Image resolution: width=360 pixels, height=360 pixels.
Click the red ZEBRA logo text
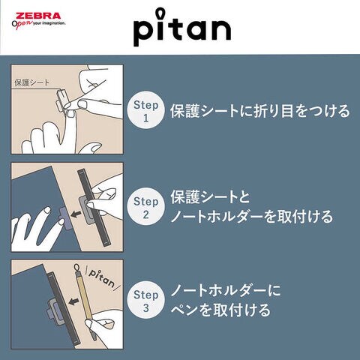click(38, 16)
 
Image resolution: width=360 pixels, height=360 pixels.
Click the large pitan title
click(182, 27)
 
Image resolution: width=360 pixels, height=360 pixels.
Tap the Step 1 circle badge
click(146, 110)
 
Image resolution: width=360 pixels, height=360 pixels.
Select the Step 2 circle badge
click(146, 206)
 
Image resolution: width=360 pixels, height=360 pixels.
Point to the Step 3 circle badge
click(146, 300)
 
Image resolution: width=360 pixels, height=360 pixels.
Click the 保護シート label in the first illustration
click(31, 82)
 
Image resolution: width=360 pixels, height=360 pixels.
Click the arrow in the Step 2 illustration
click(76, 214)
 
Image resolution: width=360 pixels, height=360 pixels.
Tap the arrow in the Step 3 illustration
click(73, 301)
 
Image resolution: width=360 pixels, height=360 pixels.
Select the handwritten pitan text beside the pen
click(101, 278)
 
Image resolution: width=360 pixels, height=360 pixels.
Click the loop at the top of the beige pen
click(76, 268)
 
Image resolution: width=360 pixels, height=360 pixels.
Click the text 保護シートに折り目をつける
click(260, 110)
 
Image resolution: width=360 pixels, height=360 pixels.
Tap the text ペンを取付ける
click(220, 310)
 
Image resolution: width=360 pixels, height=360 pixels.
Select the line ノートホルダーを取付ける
click(252, 216)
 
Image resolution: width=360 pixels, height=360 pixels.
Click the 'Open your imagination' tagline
click(38, 24)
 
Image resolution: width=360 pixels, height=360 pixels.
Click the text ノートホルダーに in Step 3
click(226, 291)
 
